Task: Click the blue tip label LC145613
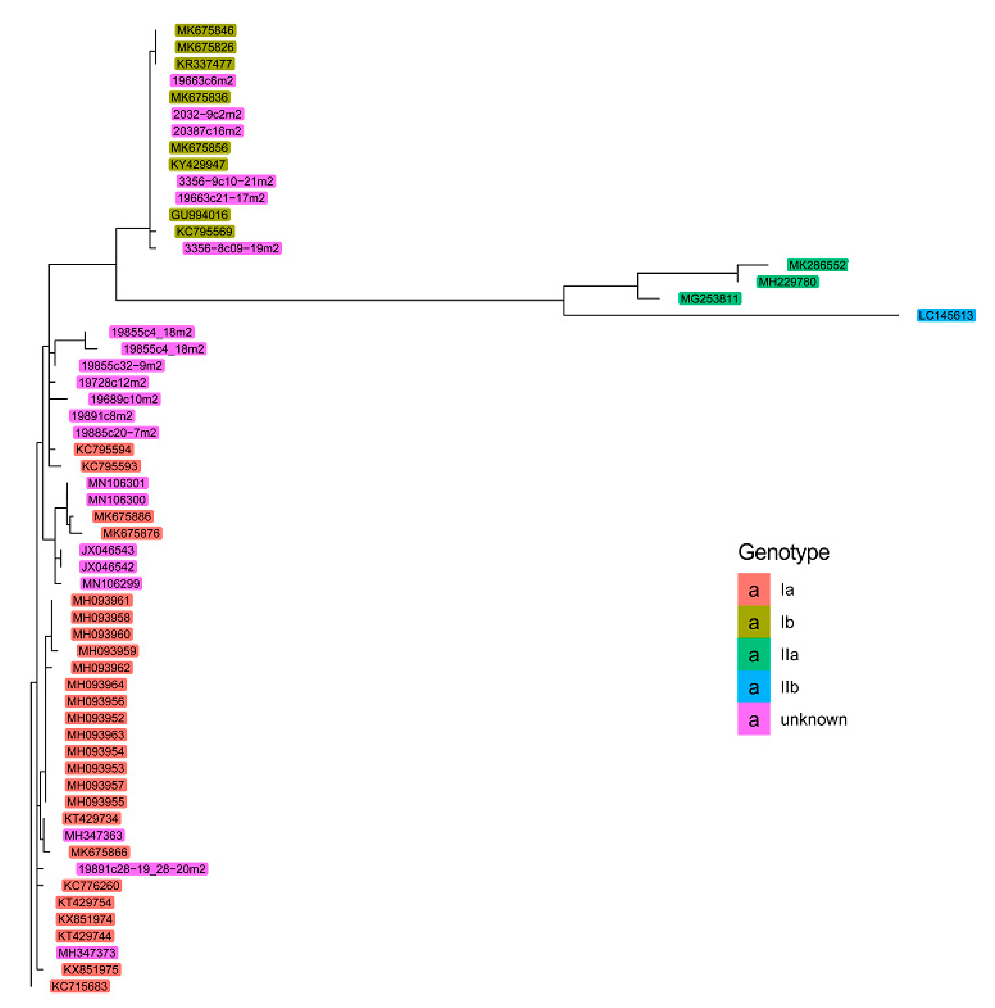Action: pos(945,315)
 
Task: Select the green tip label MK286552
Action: pos(817,265)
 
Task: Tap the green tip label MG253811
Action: pos(709,298)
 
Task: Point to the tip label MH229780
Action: pos(787,282)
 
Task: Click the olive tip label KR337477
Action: pos(204,64)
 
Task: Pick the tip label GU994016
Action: pos(199,214)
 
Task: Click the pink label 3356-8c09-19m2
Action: pos(231,248)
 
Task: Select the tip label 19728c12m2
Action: pos(112,382)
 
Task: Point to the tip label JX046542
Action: pos(107,567)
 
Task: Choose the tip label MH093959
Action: pos(107,651)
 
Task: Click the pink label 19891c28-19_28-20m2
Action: pos(142,869)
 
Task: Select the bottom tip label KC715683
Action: pos(79,986)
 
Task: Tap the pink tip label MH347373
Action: pos(87,953)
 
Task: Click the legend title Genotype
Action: pos(783,552)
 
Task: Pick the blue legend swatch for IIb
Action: pos(753,687)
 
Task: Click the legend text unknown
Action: pos(813,719)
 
